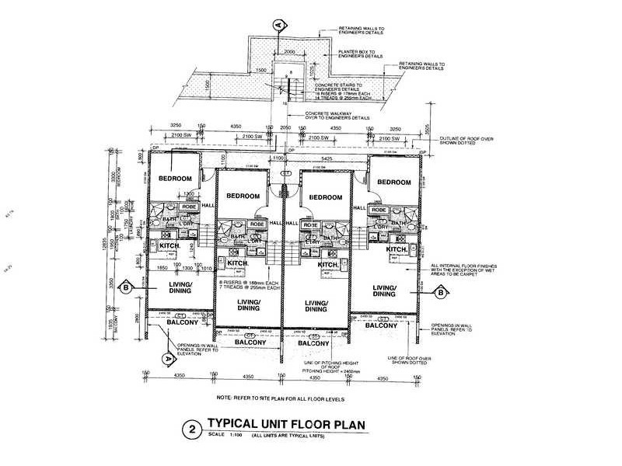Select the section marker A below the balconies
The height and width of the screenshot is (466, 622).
tap(166, 358)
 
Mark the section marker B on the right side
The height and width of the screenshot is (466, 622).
tap(439, 293)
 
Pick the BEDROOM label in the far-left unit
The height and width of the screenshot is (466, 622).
tap(175, 179)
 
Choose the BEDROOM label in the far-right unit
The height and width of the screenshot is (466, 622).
tap(394, 182)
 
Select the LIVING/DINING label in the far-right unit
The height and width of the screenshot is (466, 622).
tap(385, 290)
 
